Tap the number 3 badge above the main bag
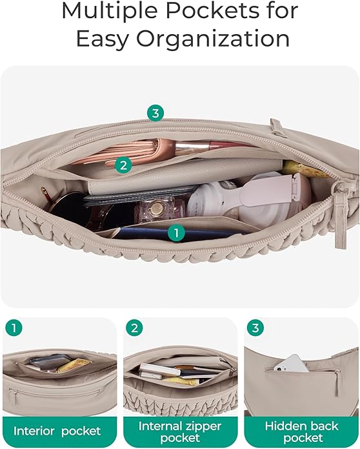[155, 113]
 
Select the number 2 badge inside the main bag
[123, 165]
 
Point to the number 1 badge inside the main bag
[176, 233]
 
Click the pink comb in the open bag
[120, 152]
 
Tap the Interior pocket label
[57, 432]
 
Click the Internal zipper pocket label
[180, 432]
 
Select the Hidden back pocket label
[302, 432]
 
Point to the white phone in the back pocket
[291, 364]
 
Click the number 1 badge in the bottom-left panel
[14, 328]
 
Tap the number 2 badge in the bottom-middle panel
[134, 328]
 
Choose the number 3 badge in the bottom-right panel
[255, 328]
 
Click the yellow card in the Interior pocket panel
[75, 366]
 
